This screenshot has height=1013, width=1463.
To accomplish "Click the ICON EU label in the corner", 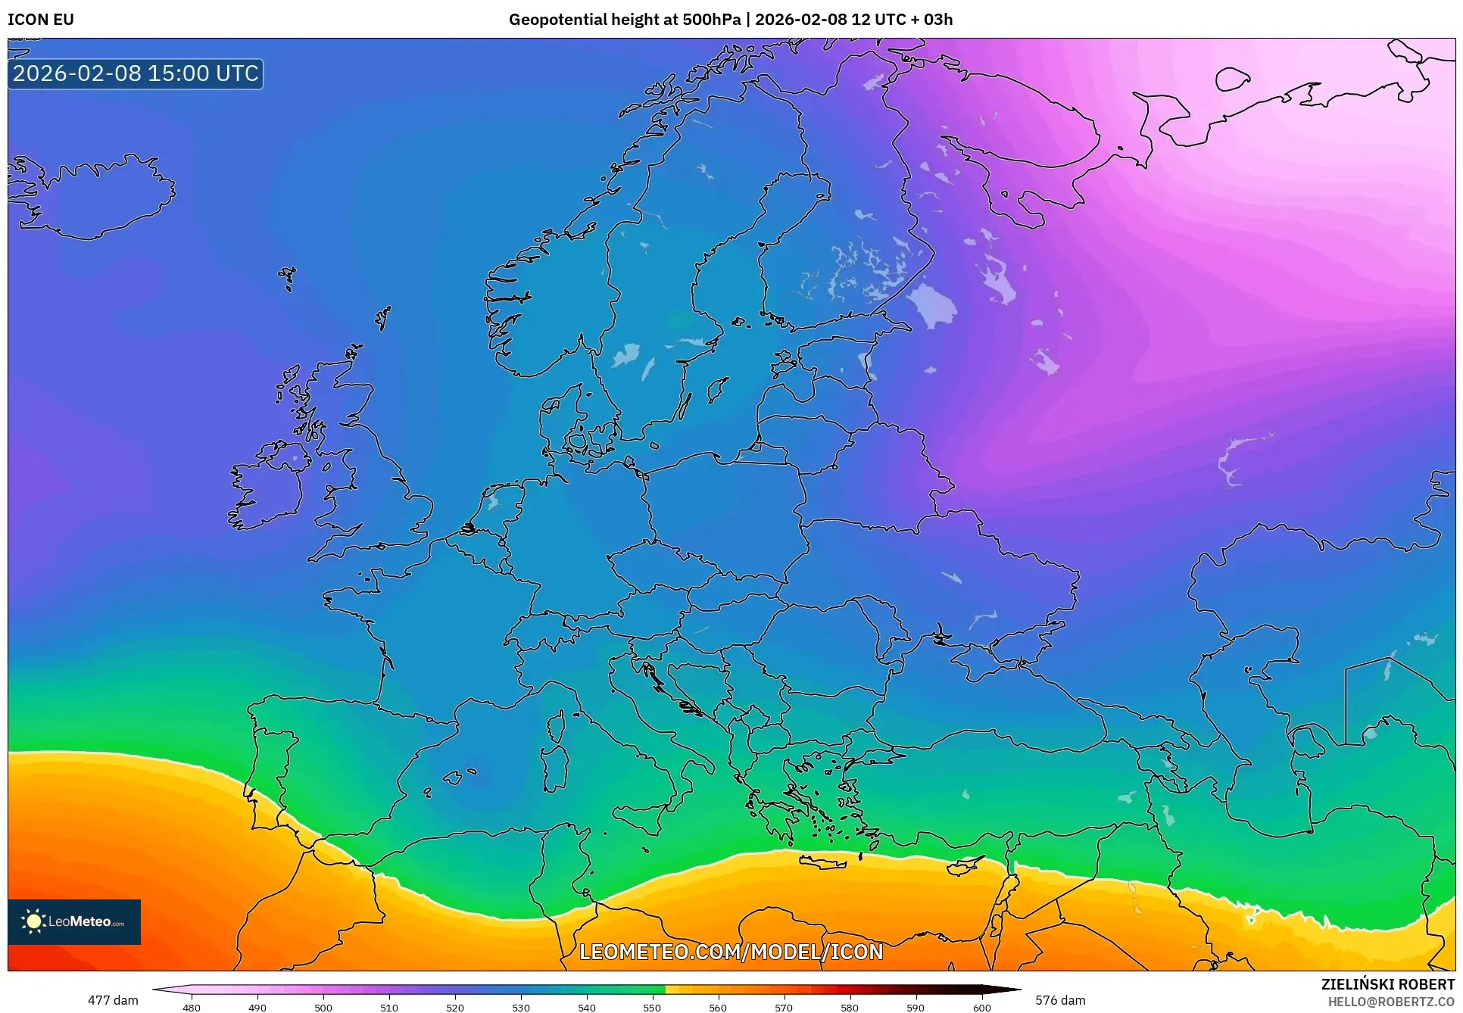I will click(x=41, y=20).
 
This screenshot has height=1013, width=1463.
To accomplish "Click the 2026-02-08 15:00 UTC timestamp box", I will click(x=136, y=73).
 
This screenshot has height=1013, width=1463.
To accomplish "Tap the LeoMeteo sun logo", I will click(x=33, y=921).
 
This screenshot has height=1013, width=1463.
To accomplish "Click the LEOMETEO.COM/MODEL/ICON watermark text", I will click(x=731, y=952).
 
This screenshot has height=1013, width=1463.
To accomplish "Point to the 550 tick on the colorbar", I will click(x=652, y=1007).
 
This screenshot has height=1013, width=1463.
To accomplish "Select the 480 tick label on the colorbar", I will click(x=192, y=1008).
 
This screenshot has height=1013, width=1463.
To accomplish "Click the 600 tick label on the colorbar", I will click(x=981, y=1008).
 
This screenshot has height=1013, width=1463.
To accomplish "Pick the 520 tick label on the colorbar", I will click(x=455, y=1008).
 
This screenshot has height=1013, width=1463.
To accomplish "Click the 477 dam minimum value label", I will click(x=113, y=1000).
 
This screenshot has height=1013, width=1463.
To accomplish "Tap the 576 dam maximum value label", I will click(x=1060, y=1000).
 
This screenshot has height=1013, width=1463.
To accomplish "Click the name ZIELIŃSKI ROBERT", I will click(x=1388, y=984).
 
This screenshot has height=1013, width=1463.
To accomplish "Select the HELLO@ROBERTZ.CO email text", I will click(x=1391, y=1002).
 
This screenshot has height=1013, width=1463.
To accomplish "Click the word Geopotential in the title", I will click(x=556, y=20).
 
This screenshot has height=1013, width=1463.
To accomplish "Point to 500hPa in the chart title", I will click(x=711, y=20).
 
